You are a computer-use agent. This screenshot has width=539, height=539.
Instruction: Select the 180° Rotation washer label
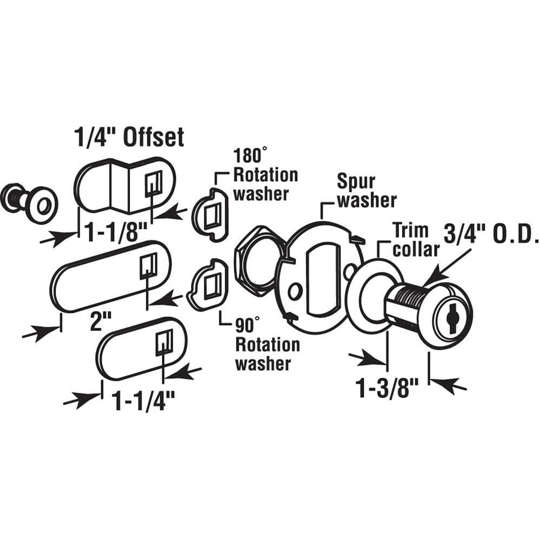[265, 175]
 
